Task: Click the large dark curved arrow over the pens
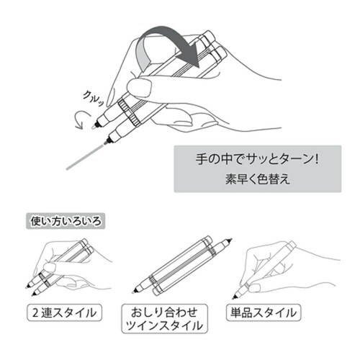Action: pyautogui.click(x=168, y=36)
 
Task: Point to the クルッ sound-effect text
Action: pyautogui.click(x=94, y=98)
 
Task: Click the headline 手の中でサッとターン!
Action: pyautogui.click(x=257, y=159)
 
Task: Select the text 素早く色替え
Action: pyautogui.click(x=258, y=179)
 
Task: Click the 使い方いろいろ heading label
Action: pyautogui.click(x=66, y=221)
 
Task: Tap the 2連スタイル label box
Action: pyautogui.click(x=65, y=312)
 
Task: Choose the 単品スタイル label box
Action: pyautogui.click(x=264, y=312)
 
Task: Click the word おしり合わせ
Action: pyautogui.click(x=164, y=312)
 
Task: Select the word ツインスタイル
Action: pyautogui.click(x=164, y=325)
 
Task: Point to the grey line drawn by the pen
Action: pyautogui.click(x=85, y=157)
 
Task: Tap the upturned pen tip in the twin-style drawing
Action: pyautogui.click(x=230, y=240)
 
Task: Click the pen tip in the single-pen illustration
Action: pyautogui.click(x=234, y=297)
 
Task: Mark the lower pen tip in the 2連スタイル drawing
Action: pyautogui.click(x=33, y=294)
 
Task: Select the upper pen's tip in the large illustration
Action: pyautogui.click(x=95, y=125)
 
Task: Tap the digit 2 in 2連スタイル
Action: pyautogui.click(x=35, y=313)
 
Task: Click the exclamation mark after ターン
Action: pyautogui.click(x=317, y=159)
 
